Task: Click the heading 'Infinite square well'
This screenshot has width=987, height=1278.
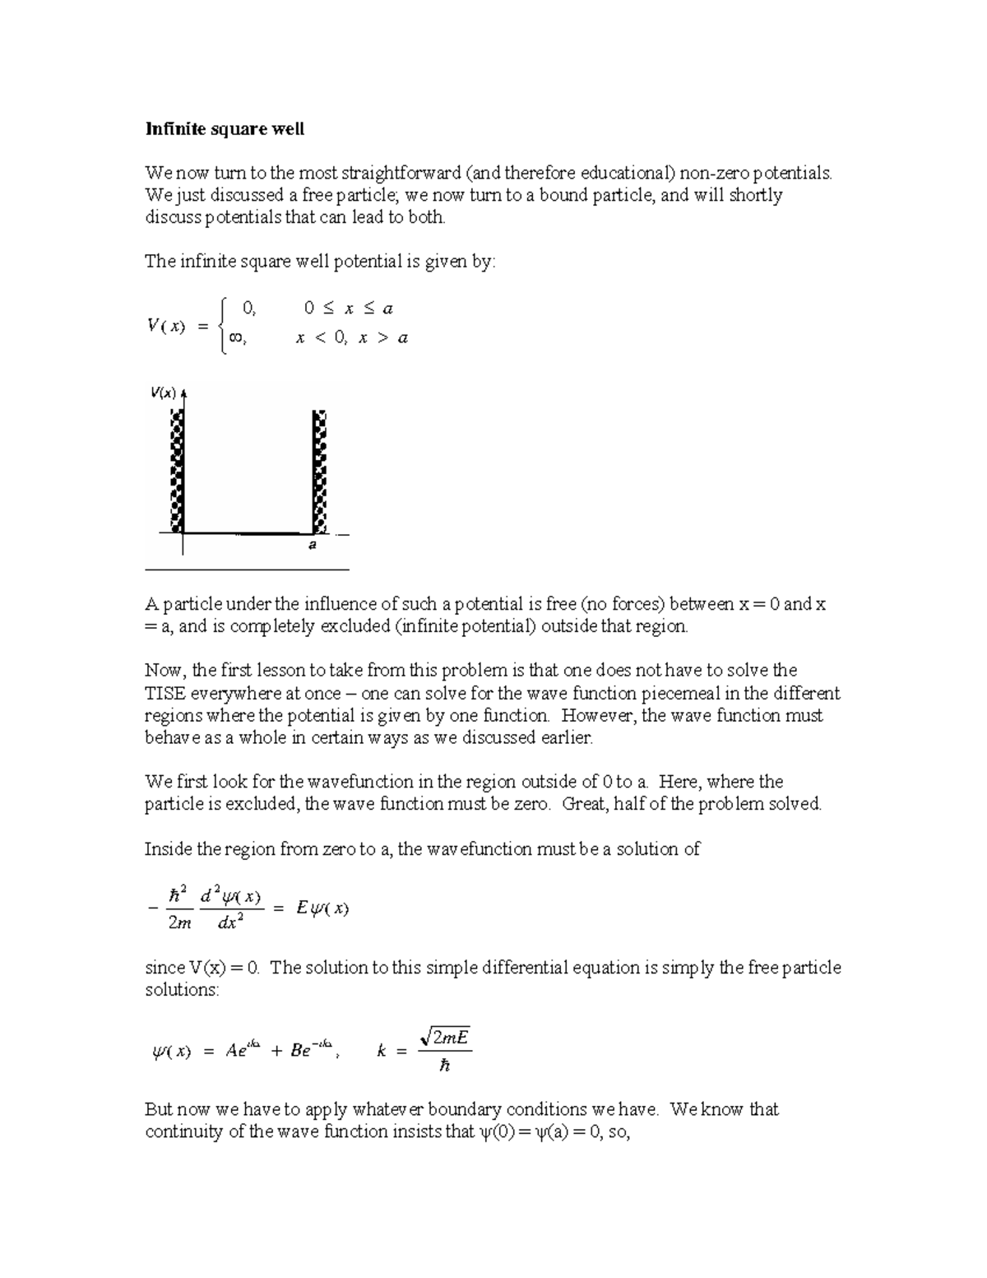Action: tap(225, 129)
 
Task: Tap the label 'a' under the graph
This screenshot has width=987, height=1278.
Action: tap(313, 545)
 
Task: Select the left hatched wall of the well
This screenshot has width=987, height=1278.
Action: tap(176, 472)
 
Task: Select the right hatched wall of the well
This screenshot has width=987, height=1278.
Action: tap(321, 472)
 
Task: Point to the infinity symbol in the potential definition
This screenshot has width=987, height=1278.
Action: tap(236, 337)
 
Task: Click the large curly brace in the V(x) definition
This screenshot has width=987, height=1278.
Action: tap(221, 323)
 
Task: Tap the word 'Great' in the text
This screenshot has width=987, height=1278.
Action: tap(585, 804)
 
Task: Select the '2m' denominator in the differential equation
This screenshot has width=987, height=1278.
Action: tap(179, 923)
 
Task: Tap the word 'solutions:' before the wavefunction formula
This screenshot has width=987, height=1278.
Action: tap(182, 989)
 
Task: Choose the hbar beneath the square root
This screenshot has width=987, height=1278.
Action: tap(445, 1066)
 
